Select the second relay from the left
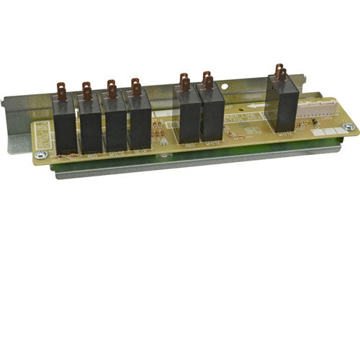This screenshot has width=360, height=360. click(91, 129)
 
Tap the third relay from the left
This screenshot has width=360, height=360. click(115, 127)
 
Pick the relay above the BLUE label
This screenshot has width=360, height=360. click(140, 125)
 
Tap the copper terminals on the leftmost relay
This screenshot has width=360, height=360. click(61, 92)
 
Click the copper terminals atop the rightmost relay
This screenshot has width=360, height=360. click(279, 72)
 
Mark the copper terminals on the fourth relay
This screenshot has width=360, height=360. click(135, 87)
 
